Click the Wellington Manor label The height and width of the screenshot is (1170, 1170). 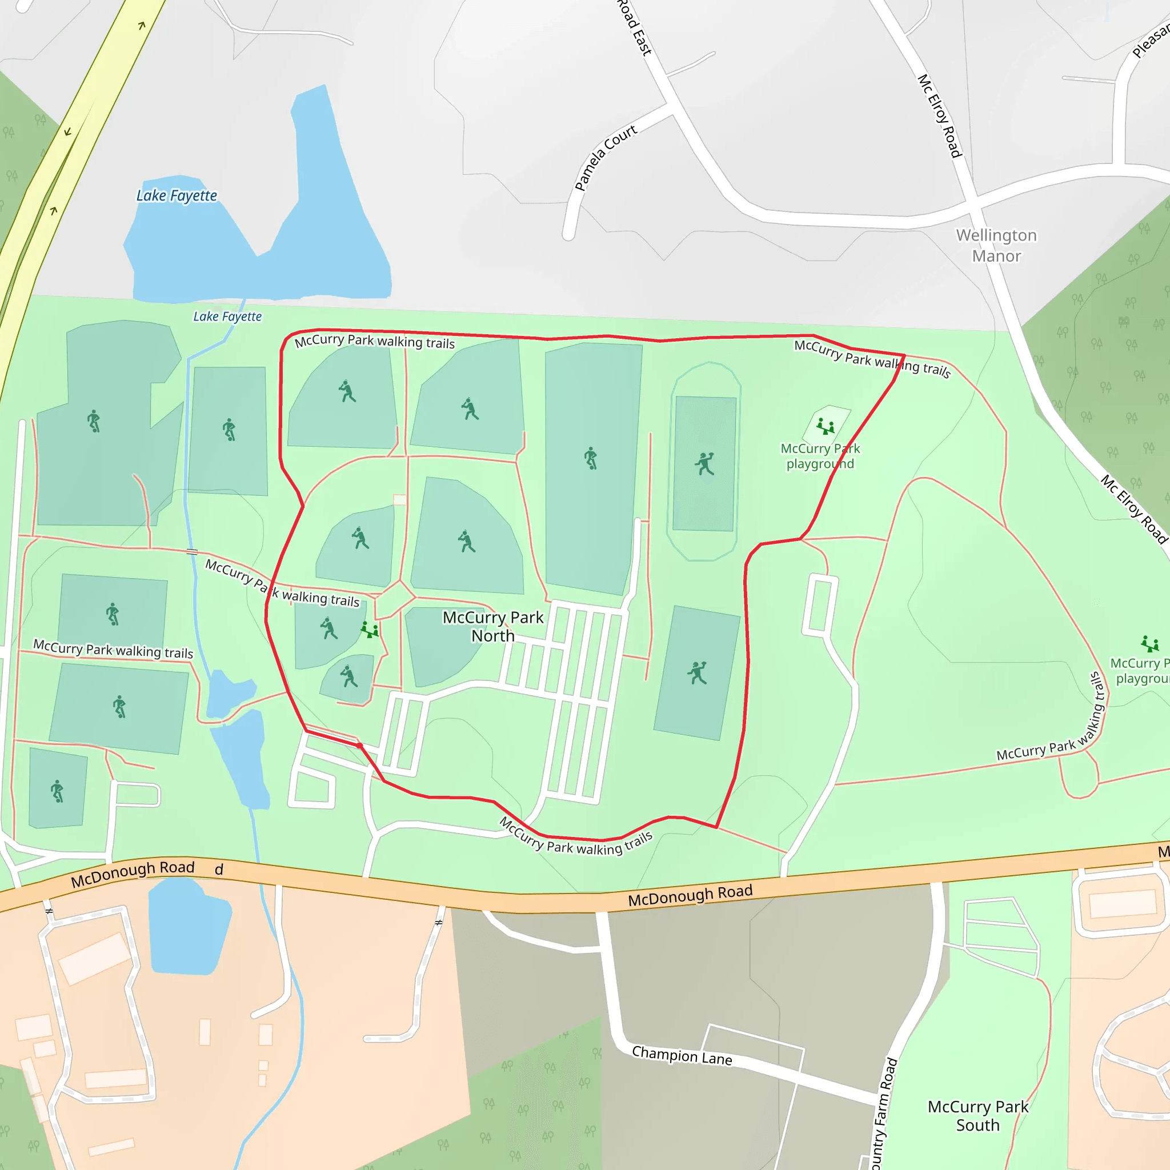pos(996,245)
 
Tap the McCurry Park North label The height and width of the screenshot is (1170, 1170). pos(493,626)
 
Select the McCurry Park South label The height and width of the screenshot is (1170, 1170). pos(977,1116)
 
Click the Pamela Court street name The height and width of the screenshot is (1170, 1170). pos(605,158)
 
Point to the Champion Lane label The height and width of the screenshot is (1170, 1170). pos(682,1056)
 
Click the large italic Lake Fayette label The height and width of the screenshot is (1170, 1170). pos(176,195)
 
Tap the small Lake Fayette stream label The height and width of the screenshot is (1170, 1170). pos(227,316)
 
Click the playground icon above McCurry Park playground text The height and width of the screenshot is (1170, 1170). pos(826,426)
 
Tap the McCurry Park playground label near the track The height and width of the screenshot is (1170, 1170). pos(820,456)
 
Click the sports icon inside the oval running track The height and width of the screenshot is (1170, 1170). pos(704,464)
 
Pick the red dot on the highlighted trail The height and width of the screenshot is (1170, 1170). pos(359,746)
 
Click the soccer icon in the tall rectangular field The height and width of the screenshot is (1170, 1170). pos(591,458)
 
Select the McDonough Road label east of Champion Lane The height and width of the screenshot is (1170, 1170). pos(690,895)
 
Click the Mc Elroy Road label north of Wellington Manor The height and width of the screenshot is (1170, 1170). pos(940,115)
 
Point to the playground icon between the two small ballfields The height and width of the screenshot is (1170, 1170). pos(370,630)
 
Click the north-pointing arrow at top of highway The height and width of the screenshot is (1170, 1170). pos(142,26)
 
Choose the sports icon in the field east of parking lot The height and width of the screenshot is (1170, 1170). pos(697,672)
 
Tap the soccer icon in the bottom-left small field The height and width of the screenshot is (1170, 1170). pos(57,791)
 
